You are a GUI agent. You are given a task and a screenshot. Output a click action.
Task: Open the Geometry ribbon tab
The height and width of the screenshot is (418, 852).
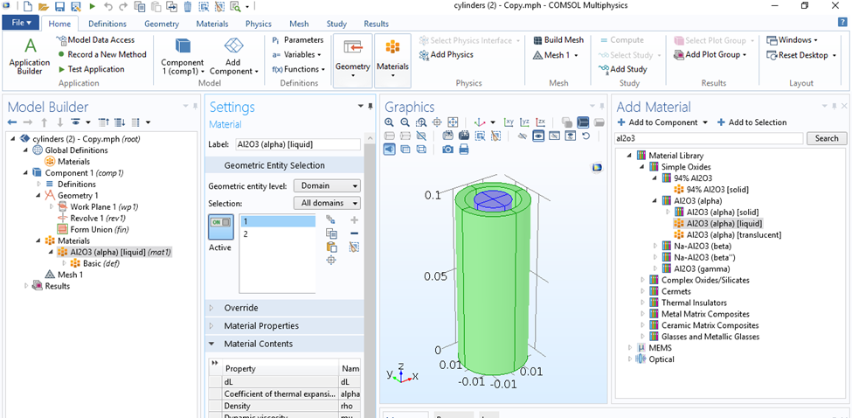(x=162, y=24)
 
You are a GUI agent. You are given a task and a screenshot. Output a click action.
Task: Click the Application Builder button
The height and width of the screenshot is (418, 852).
(x=30, y=56)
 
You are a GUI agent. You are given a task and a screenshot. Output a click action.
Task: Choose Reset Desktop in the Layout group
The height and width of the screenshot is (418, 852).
(x=797, y=55)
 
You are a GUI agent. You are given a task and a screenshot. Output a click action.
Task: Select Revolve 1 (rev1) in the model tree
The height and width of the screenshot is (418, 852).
(x=98, y=218)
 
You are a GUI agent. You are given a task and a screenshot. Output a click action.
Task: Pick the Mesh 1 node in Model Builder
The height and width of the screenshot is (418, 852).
(x=70, y=275)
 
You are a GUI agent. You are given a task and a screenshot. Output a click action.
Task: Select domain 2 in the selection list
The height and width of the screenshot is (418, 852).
(x=246, y=234)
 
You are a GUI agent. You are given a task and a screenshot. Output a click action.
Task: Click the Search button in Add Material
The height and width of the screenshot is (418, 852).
(x=827, y=138)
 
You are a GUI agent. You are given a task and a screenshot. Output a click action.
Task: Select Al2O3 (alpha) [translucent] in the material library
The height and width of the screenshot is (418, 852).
(x=733, y=235)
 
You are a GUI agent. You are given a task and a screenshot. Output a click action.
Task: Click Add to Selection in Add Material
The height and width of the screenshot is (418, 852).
(x=752, y=122)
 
